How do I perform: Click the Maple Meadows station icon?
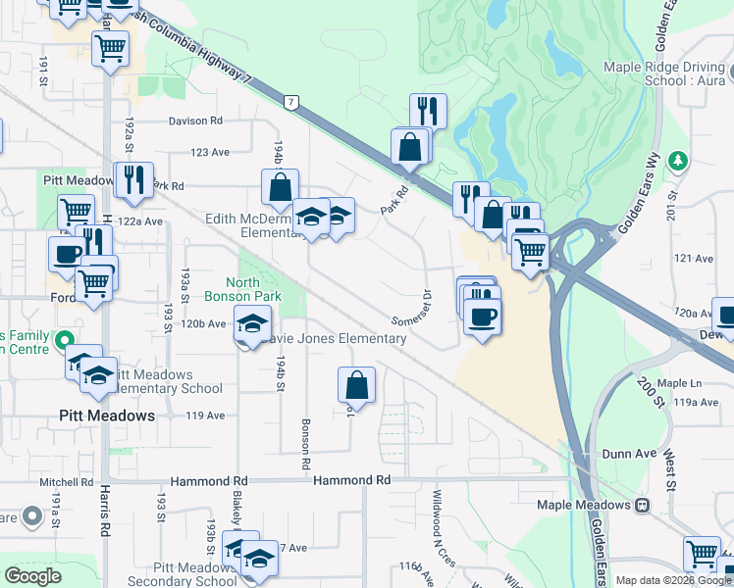(642, 505)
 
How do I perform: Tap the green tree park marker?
(677, 160)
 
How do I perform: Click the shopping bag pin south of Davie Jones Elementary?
(356, 385)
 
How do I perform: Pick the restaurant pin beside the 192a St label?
(132, 179)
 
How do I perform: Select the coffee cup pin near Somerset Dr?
(481, 318)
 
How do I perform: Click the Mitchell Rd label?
(66, 482)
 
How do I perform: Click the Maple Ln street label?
(676, 383)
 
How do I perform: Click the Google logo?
(32, 576)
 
